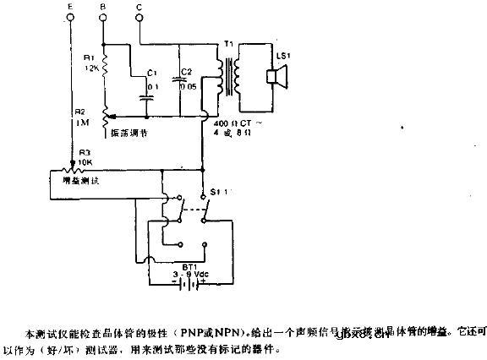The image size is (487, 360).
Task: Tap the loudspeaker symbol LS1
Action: (275, 79)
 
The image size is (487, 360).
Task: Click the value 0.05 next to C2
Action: (188, 85)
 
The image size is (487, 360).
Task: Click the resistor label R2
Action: (79, 112)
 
